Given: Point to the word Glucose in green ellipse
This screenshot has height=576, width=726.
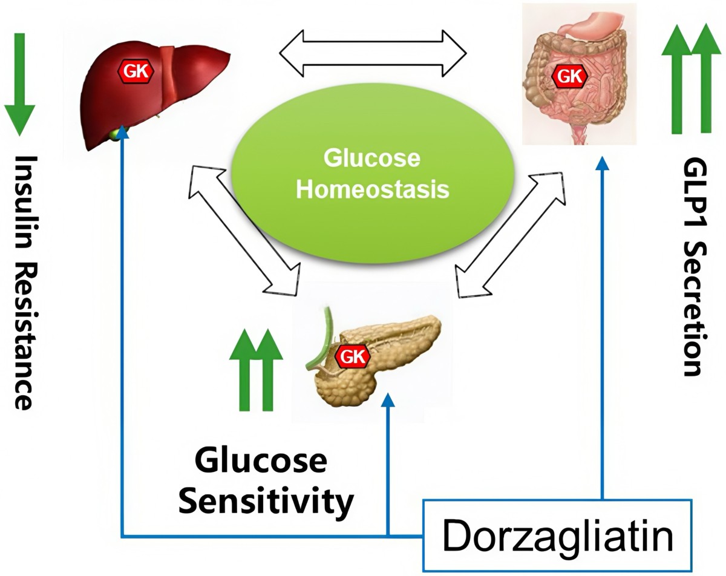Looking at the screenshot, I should coord(371,159).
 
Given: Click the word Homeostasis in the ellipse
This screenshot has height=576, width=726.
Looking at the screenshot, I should coord(373,189).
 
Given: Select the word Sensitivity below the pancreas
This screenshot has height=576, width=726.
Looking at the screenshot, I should coord(267,502).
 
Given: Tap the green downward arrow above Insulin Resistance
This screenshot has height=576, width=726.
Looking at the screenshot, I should coord(19,85).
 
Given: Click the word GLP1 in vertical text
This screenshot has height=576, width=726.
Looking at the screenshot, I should coord(692,197).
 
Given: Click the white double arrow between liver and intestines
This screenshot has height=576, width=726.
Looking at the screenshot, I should coord(372,52).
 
